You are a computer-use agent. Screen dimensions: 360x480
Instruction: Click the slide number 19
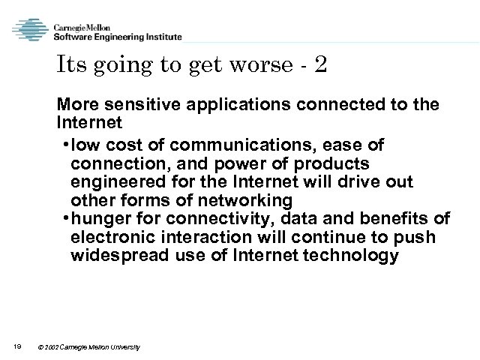point(17,346)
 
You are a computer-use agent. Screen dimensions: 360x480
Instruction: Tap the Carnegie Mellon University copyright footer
point(89,346)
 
